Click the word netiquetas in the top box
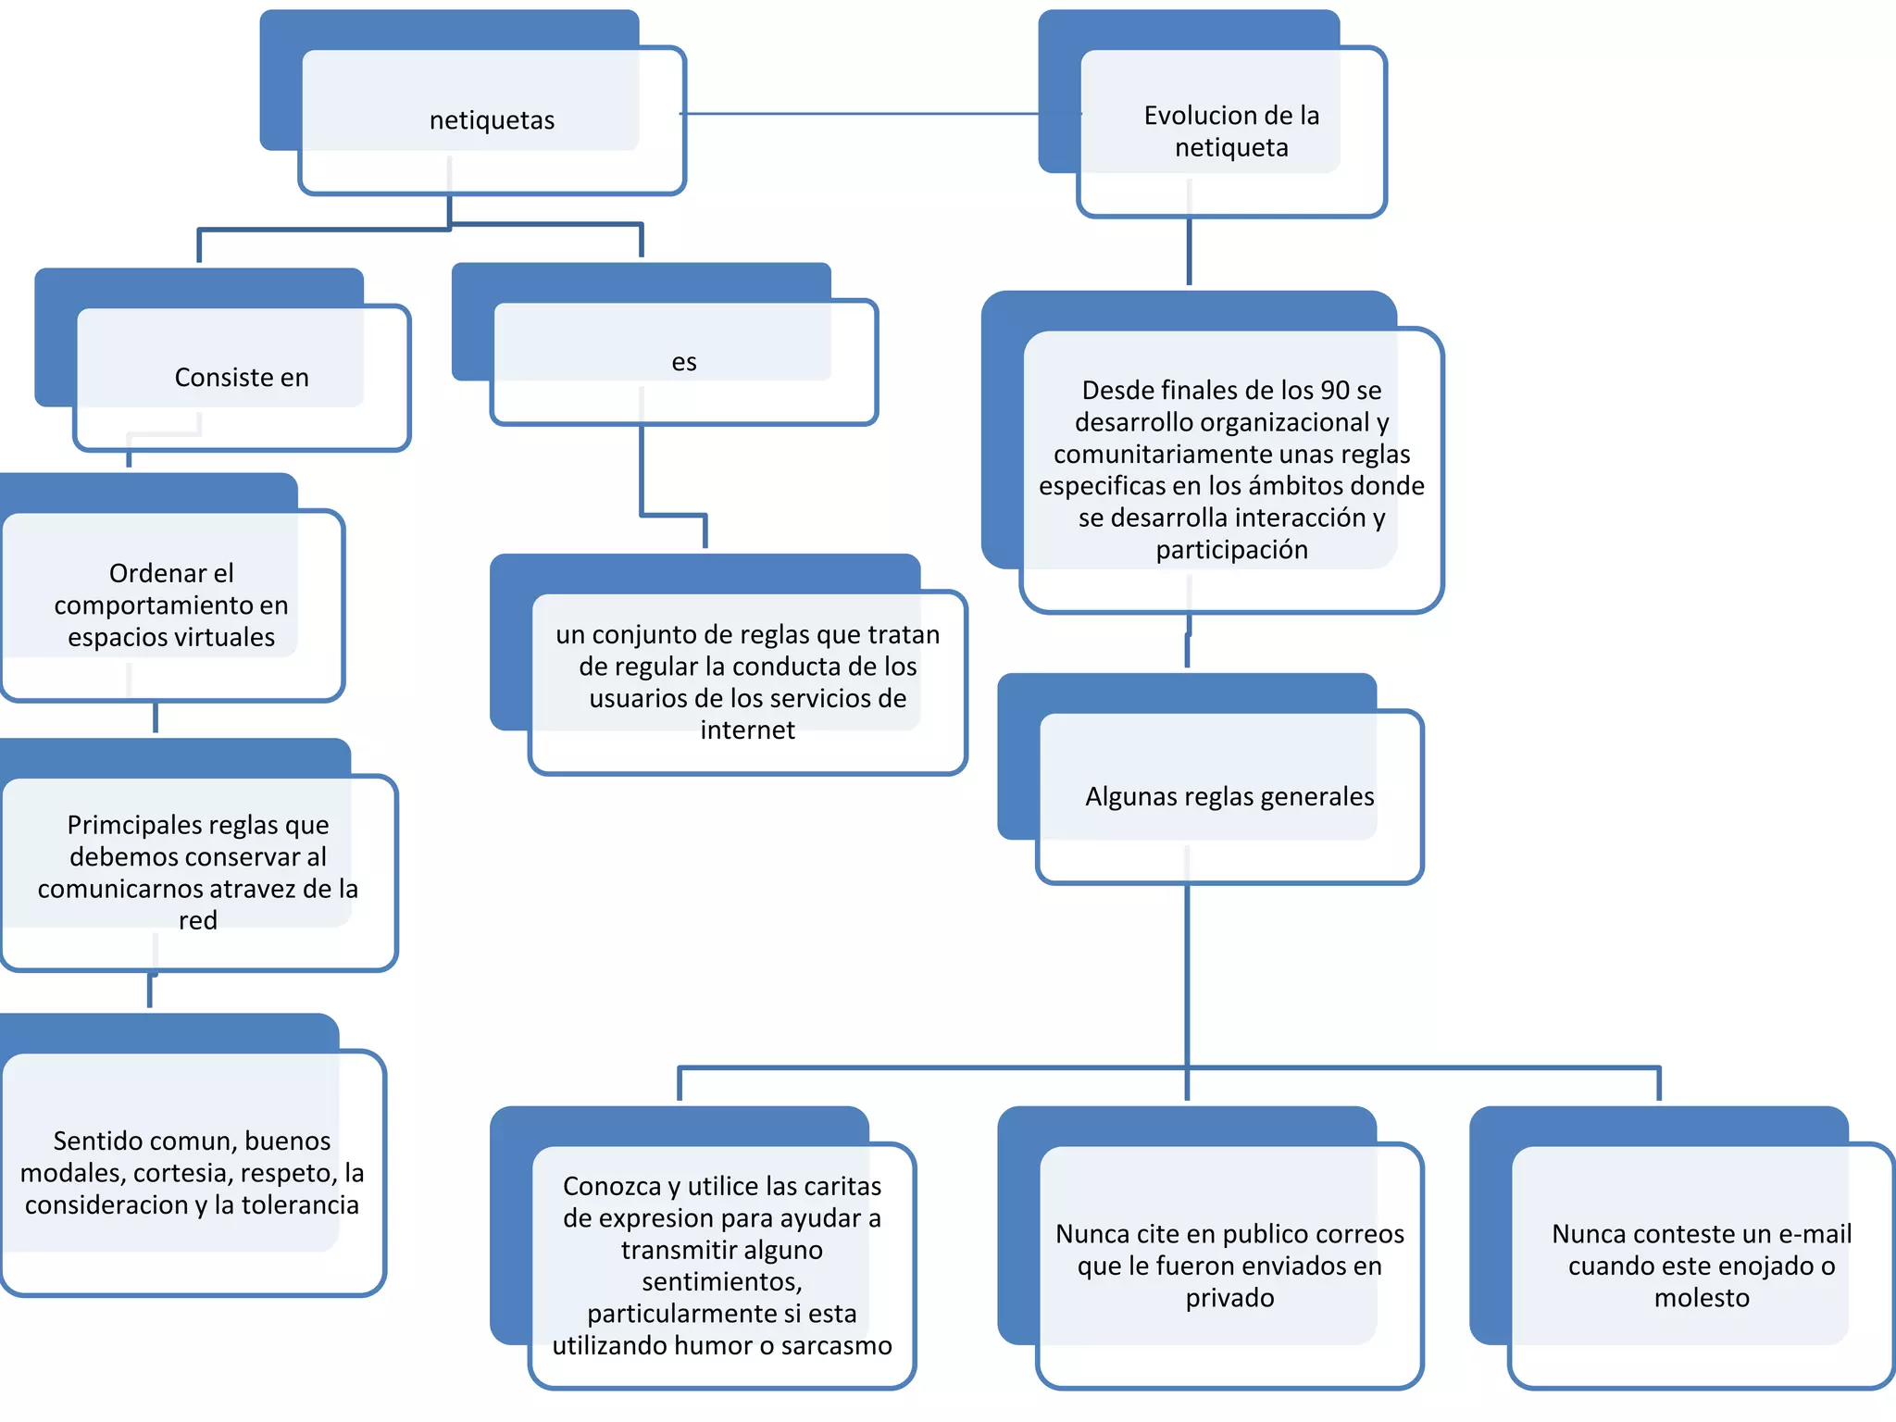[x=492, y=120]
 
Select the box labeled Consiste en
[x=242, y=378]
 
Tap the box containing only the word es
[x=683, y=362]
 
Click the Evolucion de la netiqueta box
[x=1231, y=131]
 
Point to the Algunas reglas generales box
[x=1229, y=797]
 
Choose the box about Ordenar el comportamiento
[x=171, y=605]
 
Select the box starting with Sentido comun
[x=193, y=1173]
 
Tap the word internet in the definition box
[x=747, y=730]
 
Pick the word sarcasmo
[x=836, y=1345]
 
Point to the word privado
[x=1229, y=1298]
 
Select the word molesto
[x=1702, y=1298]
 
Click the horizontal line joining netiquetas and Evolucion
[x=861, y=114]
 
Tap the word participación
[x=1231, y=550]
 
